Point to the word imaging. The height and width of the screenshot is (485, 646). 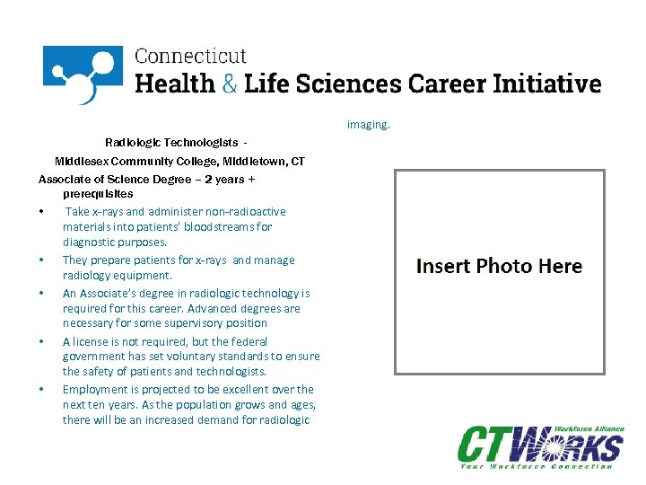[x=369, y=125]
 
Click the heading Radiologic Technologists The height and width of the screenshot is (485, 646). [x=171, y=143]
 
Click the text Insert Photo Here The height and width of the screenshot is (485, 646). [x=500, y=266]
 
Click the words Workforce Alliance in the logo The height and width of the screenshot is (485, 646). [x=589, y=430]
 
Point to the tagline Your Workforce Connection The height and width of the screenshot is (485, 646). [x=537, y=466]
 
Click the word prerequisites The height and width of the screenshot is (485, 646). [x=98, y=194]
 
